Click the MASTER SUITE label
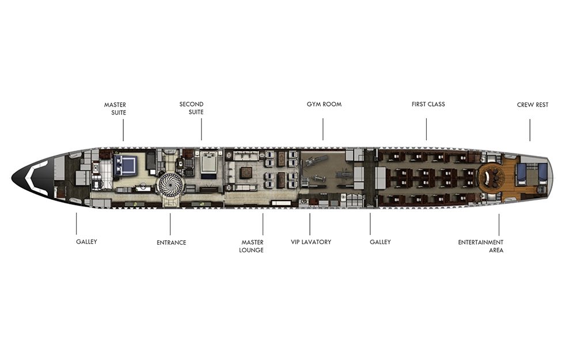click(x=115, y=109)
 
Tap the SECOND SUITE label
click(x=191, y=108)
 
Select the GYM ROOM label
click(x=324, y=104)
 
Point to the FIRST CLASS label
click(x=429, y=104)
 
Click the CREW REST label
click(x=533, y=105)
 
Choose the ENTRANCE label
click(x=171, y=242)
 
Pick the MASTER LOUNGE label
click(x=252, y=246)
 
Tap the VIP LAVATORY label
click(x=311, y=242)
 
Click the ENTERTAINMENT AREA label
click(x=480, y=246)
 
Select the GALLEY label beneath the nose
click(x=87, y=242)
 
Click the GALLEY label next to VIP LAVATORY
click(x=380, y=242)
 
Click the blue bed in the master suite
click(x=125, y=165)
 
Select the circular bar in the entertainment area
click(x=490, y=178)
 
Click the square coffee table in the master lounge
click(x=246, y=172)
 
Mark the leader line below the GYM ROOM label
click(x=323, y=129)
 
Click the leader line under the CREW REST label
click(x=530, y=130)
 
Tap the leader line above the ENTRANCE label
click(x=170, y=224)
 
